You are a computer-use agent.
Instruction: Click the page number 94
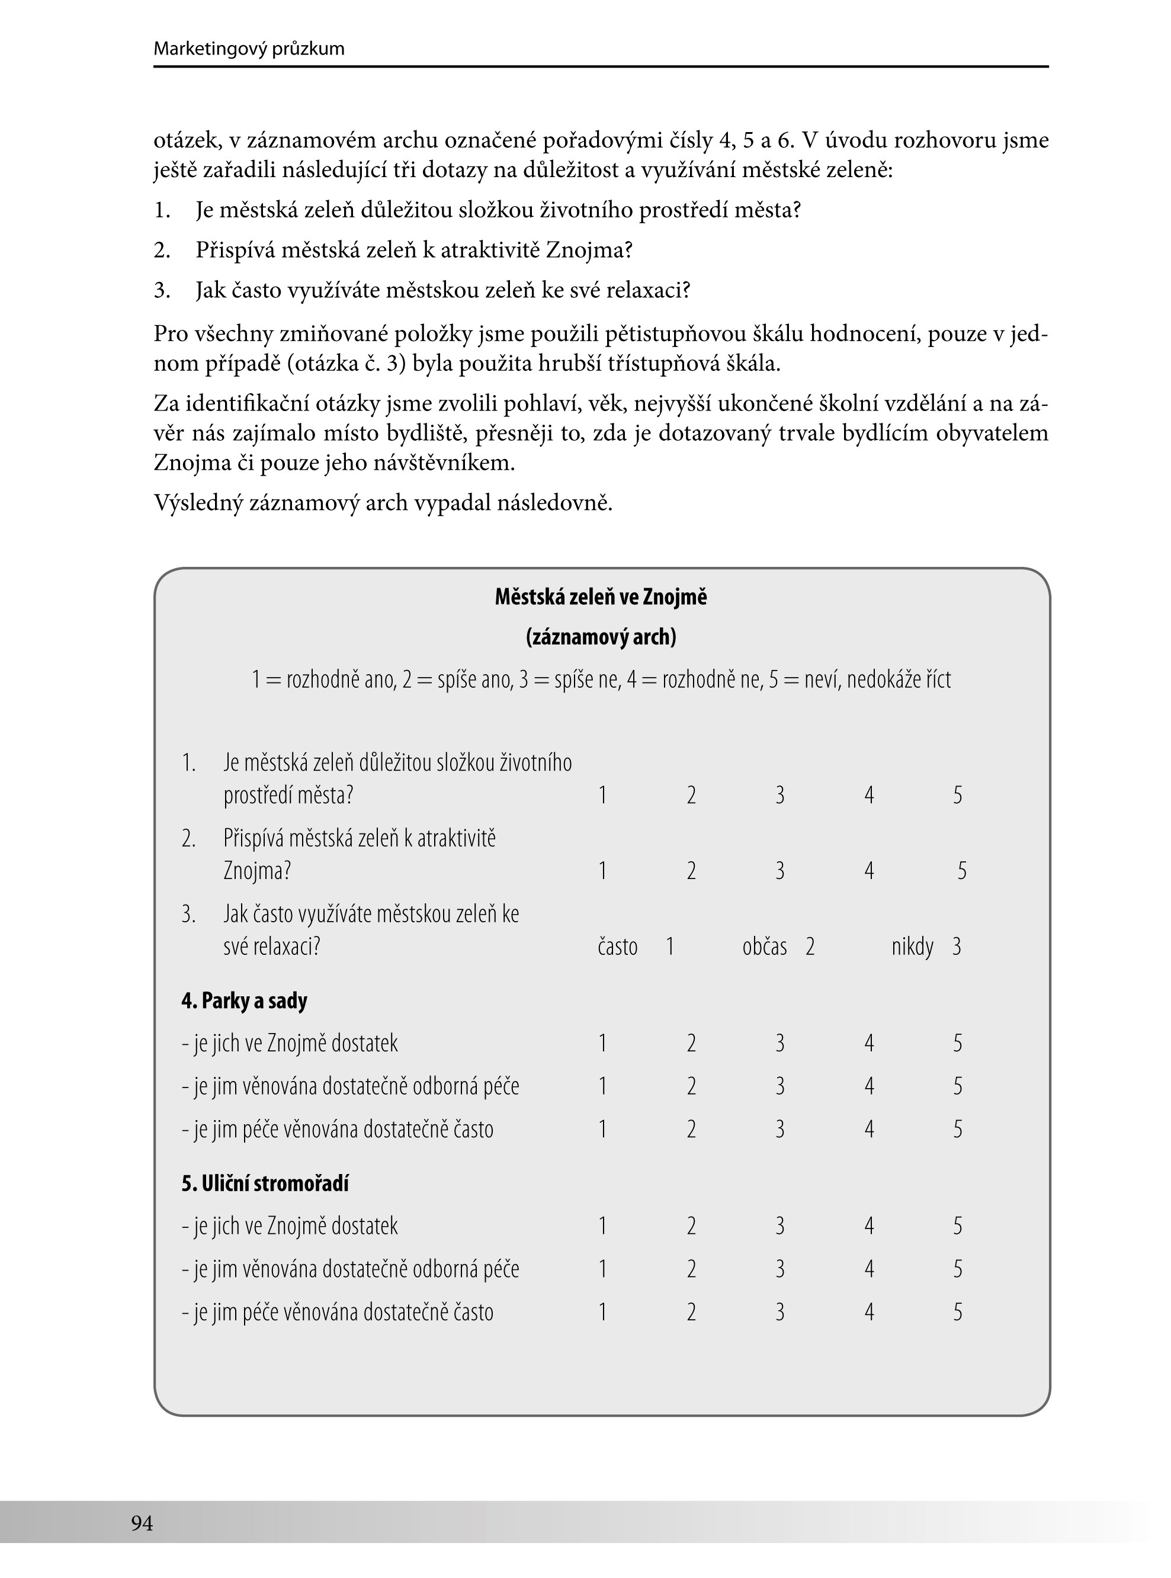pos(142,1524)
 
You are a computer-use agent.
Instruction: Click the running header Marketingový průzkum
pos(249,49)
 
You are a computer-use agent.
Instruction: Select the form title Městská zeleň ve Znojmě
pos(601,598)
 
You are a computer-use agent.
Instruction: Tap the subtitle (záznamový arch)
pos(601,638)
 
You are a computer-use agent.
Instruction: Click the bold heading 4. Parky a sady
pos(244,1001)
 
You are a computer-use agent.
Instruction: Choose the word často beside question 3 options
pos(617,947)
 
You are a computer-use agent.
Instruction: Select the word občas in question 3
pos(764,947)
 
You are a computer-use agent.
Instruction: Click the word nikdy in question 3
pos(912,947)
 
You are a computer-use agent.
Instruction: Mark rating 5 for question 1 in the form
pos(958,796)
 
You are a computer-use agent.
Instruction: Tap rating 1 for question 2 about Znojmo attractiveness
pos(602,871)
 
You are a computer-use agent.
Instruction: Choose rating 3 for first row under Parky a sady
pos(779,1044)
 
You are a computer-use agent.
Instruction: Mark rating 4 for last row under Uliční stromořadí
pos(869,1313)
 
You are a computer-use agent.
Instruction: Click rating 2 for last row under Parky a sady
pos(691,1129)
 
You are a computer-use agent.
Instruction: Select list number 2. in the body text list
pos(162,250)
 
